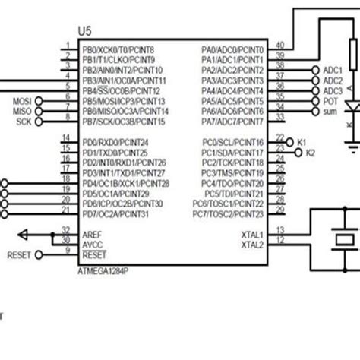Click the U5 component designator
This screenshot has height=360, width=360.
[x=84, y=31]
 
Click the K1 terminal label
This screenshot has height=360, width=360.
[x=301, y=142]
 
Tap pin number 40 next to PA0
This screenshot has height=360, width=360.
[x=279, y=45]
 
